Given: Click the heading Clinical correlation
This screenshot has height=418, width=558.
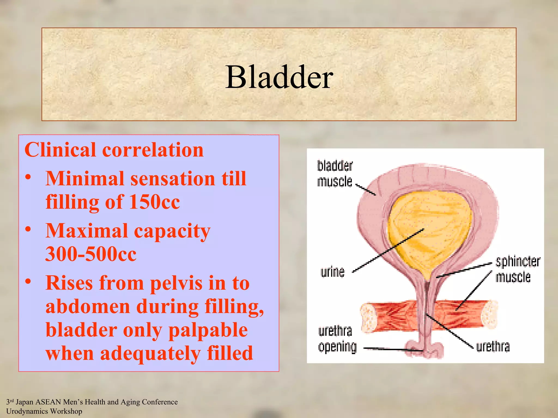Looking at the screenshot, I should pyautogui.click(x=114, y=150).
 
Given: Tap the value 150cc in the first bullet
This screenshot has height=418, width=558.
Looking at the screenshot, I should pyautogui.click(x=154, y=202).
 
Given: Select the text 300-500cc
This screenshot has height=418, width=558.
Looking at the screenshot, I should pyautogui.click(x=91, y=254).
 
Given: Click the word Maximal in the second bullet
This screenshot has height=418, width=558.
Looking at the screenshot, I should pyautogui.click(x=87, y=231).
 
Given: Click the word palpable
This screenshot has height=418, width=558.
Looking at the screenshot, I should pyautogui.click(x=208, y=330).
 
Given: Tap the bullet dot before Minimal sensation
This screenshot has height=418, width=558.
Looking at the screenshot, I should pyautogui.click(x=28, y=177).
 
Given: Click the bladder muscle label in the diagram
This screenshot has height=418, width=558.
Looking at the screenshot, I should pyautogui.click(x=335, y=174).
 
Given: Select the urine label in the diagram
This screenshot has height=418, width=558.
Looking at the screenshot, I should pyautogui.click(x=332, y=272).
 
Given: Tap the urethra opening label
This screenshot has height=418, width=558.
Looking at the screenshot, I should pyautogui.click(x=337, y=339).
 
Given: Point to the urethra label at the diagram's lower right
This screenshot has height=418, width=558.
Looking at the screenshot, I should pyautogui.click(x=493, y=347).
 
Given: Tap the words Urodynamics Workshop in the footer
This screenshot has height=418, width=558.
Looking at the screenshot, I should pyautogui.click(x=44, y=411).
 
